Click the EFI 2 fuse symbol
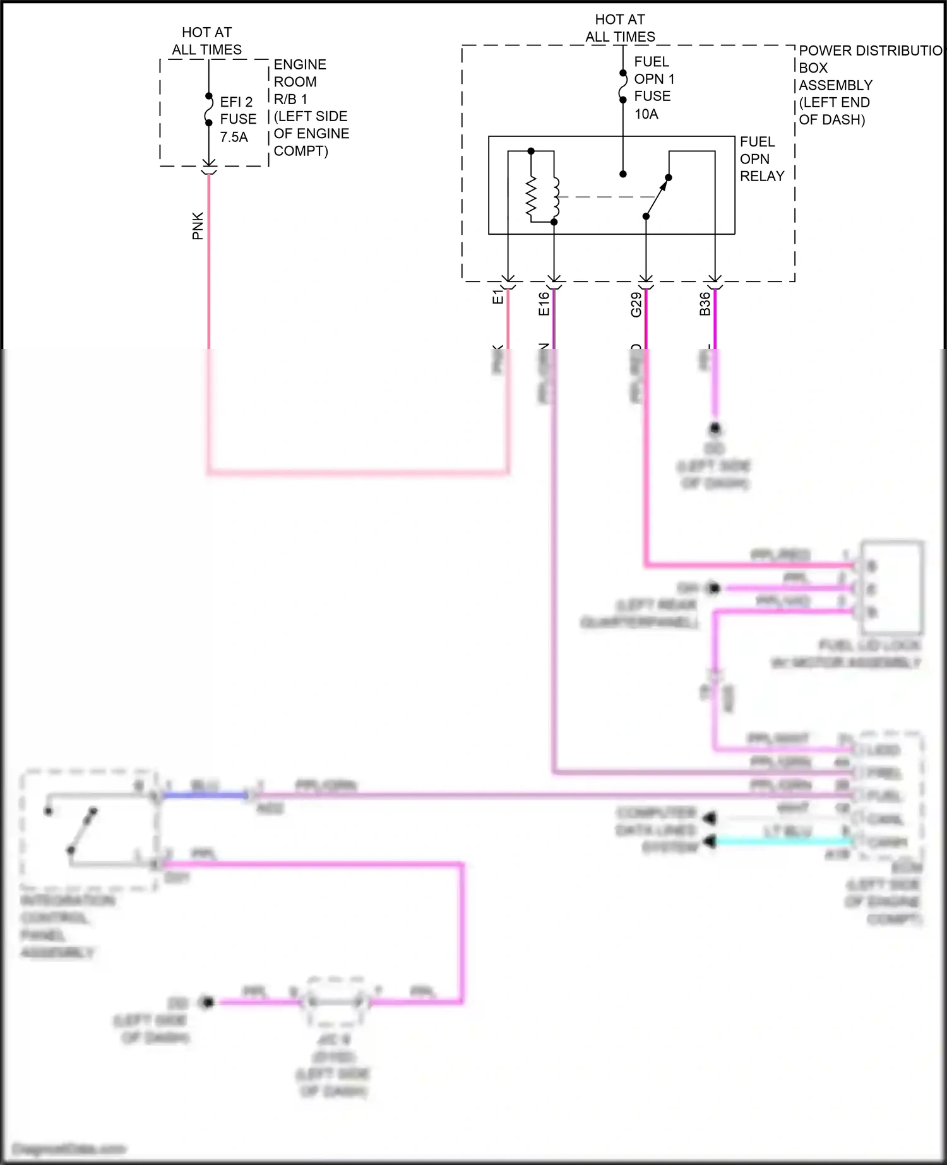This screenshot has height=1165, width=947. coord(208,110)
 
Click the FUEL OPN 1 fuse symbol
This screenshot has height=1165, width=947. coord(622,86)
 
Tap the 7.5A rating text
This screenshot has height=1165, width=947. coord(234,137)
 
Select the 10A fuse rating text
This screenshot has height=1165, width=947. coord(646,114)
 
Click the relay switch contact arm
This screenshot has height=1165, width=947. coord(657,197)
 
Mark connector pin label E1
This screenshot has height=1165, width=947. coord(497,297)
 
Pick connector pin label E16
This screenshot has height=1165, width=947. coord(544,304)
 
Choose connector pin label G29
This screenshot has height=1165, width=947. coord(636,304)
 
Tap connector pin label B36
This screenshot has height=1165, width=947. coord(705,304)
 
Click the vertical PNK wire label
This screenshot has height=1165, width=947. coord(198,226)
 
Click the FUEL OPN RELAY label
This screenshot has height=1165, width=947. coord(761,159)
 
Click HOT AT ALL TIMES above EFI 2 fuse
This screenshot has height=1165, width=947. coord(207,41)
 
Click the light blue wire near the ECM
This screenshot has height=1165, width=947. coord(783,841)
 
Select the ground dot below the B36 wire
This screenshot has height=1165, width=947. coord(715,429)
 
